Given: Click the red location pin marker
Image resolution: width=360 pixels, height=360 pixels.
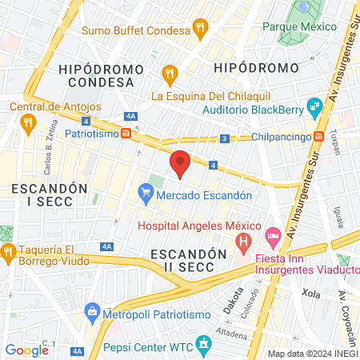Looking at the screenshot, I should tap(181, 164).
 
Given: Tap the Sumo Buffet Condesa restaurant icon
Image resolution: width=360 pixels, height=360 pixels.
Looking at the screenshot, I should tap(199, 30).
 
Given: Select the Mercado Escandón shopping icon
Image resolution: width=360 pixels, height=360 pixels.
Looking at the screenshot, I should tap(146, 193).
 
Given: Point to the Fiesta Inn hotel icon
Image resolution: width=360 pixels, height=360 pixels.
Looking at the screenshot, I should tap(273, 235).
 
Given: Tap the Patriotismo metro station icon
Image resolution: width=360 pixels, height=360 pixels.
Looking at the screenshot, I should tap(126, 133).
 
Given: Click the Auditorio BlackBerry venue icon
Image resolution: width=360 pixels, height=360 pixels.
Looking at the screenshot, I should tap(316, 105).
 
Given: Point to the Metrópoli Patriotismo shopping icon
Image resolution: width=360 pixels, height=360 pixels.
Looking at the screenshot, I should tap(92, 310).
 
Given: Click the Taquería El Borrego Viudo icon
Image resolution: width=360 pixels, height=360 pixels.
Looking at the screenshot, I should tap(9, 254).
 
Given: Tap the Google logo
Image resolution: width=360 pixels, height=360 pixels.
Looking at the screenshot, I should tap(26, 350).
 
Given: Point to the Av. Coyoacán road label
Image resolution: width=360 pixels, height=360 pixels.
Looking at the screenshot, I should tap(346, 308).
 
